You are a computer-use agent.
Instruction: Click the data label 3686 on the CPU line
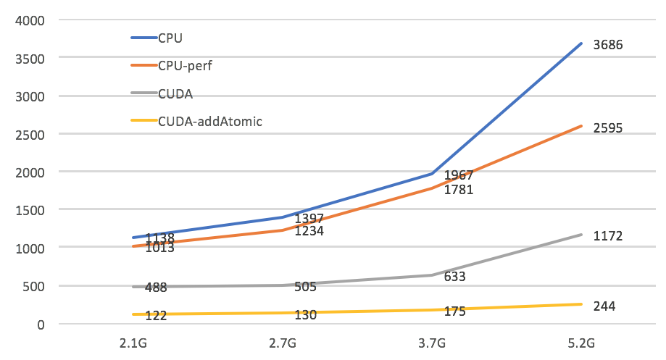[x=607, y=45]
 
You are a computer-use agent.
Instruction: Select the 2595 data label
[x=607, y=128]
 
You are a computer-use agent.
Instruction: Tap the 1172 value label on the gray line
[x=607, y=236]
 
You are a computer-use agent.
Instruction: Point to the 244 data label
[x=604, y=306]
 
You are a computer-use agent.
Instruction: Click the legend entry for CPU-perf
[x=185, y=65]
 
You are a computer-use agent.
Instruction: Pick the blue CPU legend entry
[x=171, y=37]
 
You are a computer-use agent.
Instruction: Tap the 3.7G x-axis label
[x=433, y=343]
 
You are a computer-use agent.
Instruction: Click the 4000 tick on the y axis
[x=30, y=20]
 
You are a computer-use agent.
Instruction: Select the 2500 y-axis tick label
[x=30, y=134]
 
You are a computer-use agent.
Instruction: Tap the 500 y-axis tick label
[x=33, y=286]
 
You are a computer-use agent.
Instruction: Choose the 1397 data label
[x=309, y=219]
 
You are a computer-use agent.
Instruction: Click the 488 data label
[x=156, y=288]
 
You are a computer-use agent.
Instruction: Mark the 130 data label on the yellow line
[x=305, y=315]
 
